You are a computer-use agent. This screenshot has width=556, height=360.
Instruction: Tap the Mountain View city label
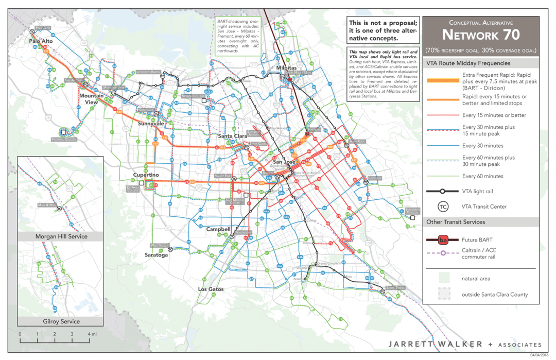tap(92, 99)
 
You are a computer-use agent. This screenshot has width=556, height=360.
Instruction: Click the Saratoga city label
tap(156, 254)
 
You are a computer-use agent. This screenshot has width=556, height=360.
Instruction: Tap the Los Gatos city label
tap(211, 289)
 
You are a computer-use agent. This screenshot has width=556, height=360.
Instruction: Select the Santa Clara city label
tap(233, 136)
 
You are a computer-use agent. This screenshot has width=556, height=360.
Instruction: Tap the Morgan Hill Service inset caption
tap(61, 236)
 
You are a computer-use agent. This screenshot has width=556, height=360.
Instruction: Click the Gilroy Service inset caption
tap(61, 321)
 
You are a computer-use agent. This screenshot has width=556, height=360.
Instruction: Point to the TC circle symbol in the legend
tap(442, 207)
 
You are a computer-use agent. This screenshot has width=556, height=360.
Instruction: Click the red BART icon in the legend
tap(442, 240)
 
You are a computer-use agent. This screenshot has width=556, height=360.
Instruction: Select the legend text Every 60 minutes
tap(482, 176)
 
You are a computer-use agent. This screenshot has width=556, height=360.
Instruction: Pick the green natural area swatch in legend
tap(442, 278)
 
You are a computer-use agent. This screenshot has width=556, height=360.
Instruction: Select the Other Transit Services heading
tap(456, 222)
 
